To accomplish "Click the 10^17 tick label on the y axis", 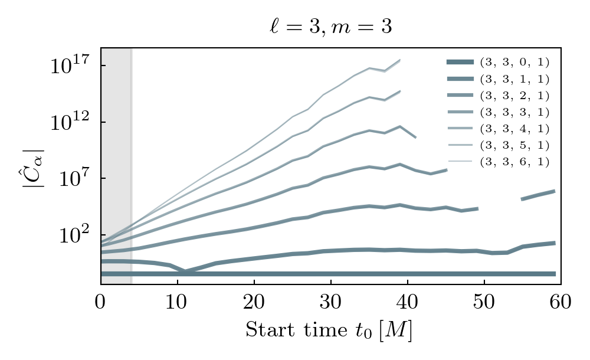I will tap(70, 65).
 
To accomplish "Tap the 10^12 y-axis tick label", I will tap(70, 122).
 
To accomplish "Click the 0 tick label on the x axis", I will tap(100, 303).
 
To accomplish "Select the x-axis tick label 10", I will tap(177, 303).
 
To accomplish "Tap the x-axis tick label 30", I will tap(330, 303).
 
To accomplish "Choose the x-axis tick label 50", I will tap(484, 303).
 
